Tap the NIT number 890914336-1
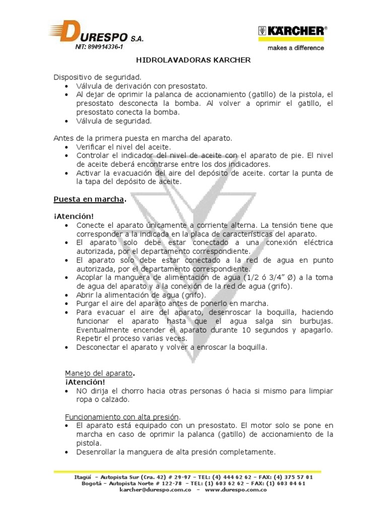pyautogui.click(x=95, y=47)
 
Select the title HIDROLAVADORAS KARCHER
pyautogui.click(x=193, y=60)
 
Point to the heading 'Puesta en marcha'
pyautogui.click(x=89, y=199)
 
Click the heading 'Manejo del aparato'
pyautogui.click(x=99, y=373)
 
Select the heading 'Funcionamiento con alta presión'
pyautogui.click(x=122, y=417)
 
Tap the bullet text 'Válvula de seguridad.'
pyautogui.click(x=113, y=121)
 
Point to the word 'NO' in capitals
pyautogui.click(x=82, y=391)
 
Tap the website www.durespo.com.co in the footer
pyautogui.click(x=236, y=490)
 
